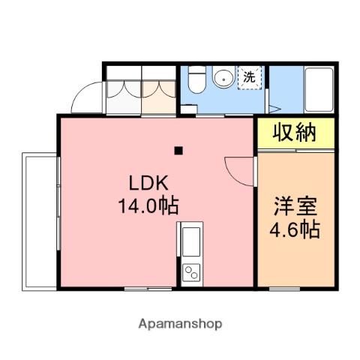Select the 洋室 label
295,205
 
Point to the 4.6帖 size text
295,227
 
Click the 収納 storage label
293,134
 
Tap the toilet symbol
195,79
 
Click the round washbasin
223,77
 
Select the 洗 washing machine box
249,77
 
